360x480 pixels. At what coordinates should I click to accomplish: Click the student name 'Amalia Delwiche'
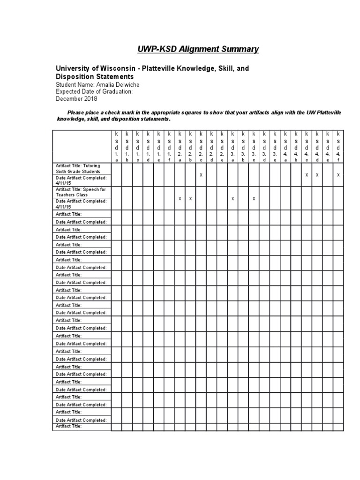click(x=117, y=84)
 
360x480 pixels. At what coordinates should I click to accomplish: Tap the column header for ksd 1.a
click(x=116, y=146)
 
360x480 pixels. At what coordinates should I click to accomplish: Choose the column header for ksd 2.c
click(x=201, y=146)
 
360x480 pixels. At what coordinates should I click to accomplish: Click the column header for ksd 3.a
click(x=232, y=146)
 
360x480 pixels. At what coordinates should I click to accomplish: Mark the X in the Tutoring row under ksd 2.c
click(x=201, y=174)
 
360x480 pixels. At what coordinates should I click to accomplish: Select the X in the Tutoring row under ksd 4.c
click(x=307, y=174)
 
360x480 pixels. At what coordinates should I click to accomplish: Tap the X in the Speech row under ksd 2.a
click(x=180, y=198)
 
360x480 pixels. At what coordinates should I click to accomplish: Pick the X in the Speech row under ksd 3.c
click(x=254, y=198)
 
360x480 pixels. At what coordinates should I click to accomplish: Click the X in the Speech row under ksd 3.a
click(x=232, y=198)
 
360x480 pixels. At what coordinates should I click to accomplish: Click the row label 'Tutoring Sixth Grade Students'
click(x=82, y=169)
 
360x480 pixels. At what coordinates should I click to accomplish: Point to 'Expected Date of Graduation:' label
click(x=94, y=92)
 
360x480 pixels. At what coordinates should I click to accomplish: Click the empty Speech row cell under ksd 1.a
click(x=116, y=198)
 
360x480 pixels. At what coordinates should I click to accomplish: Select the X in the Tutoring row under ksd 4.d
click(x=317, y=174)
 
